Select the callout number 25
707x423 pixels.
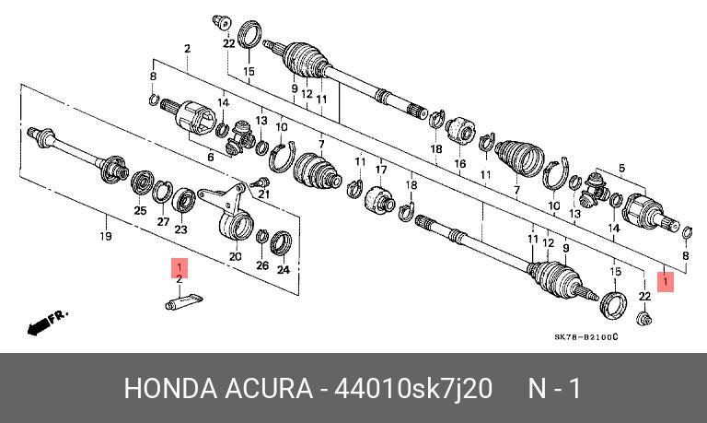140,211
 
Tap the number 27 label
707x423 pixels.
161,222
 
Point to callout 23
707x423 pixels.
181,229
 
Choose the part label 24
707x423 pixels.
284,271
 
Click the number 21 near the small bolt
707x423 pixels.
263,194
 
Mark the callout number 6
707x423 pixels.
211,158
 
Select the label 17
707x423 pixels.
381,169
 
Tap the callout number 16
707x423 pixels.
460,163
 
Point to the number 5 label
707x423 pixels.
621,167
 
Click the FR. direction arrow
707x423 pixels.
45,323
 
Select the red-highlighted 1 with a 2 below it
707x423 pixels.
180,267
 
